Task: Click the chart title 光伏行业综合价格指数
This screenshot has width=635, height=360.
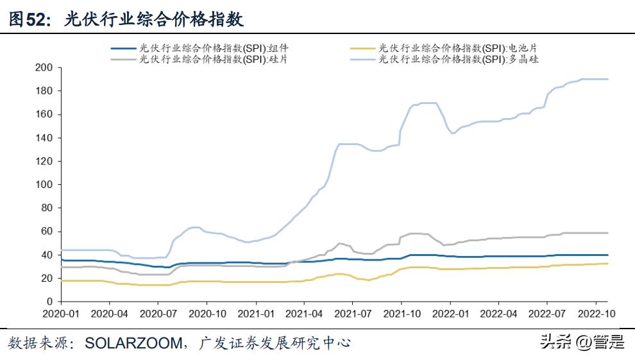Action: click(x=154, y=19)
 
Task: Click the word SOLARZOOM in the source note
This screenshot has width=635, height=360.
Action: click(x=133, y=343)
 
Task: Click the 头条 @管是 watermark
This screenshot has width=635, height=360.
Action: click(x=582, y=342)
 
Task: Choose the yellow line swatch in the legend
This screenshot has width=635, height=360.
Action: click(x=363, y=47)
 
